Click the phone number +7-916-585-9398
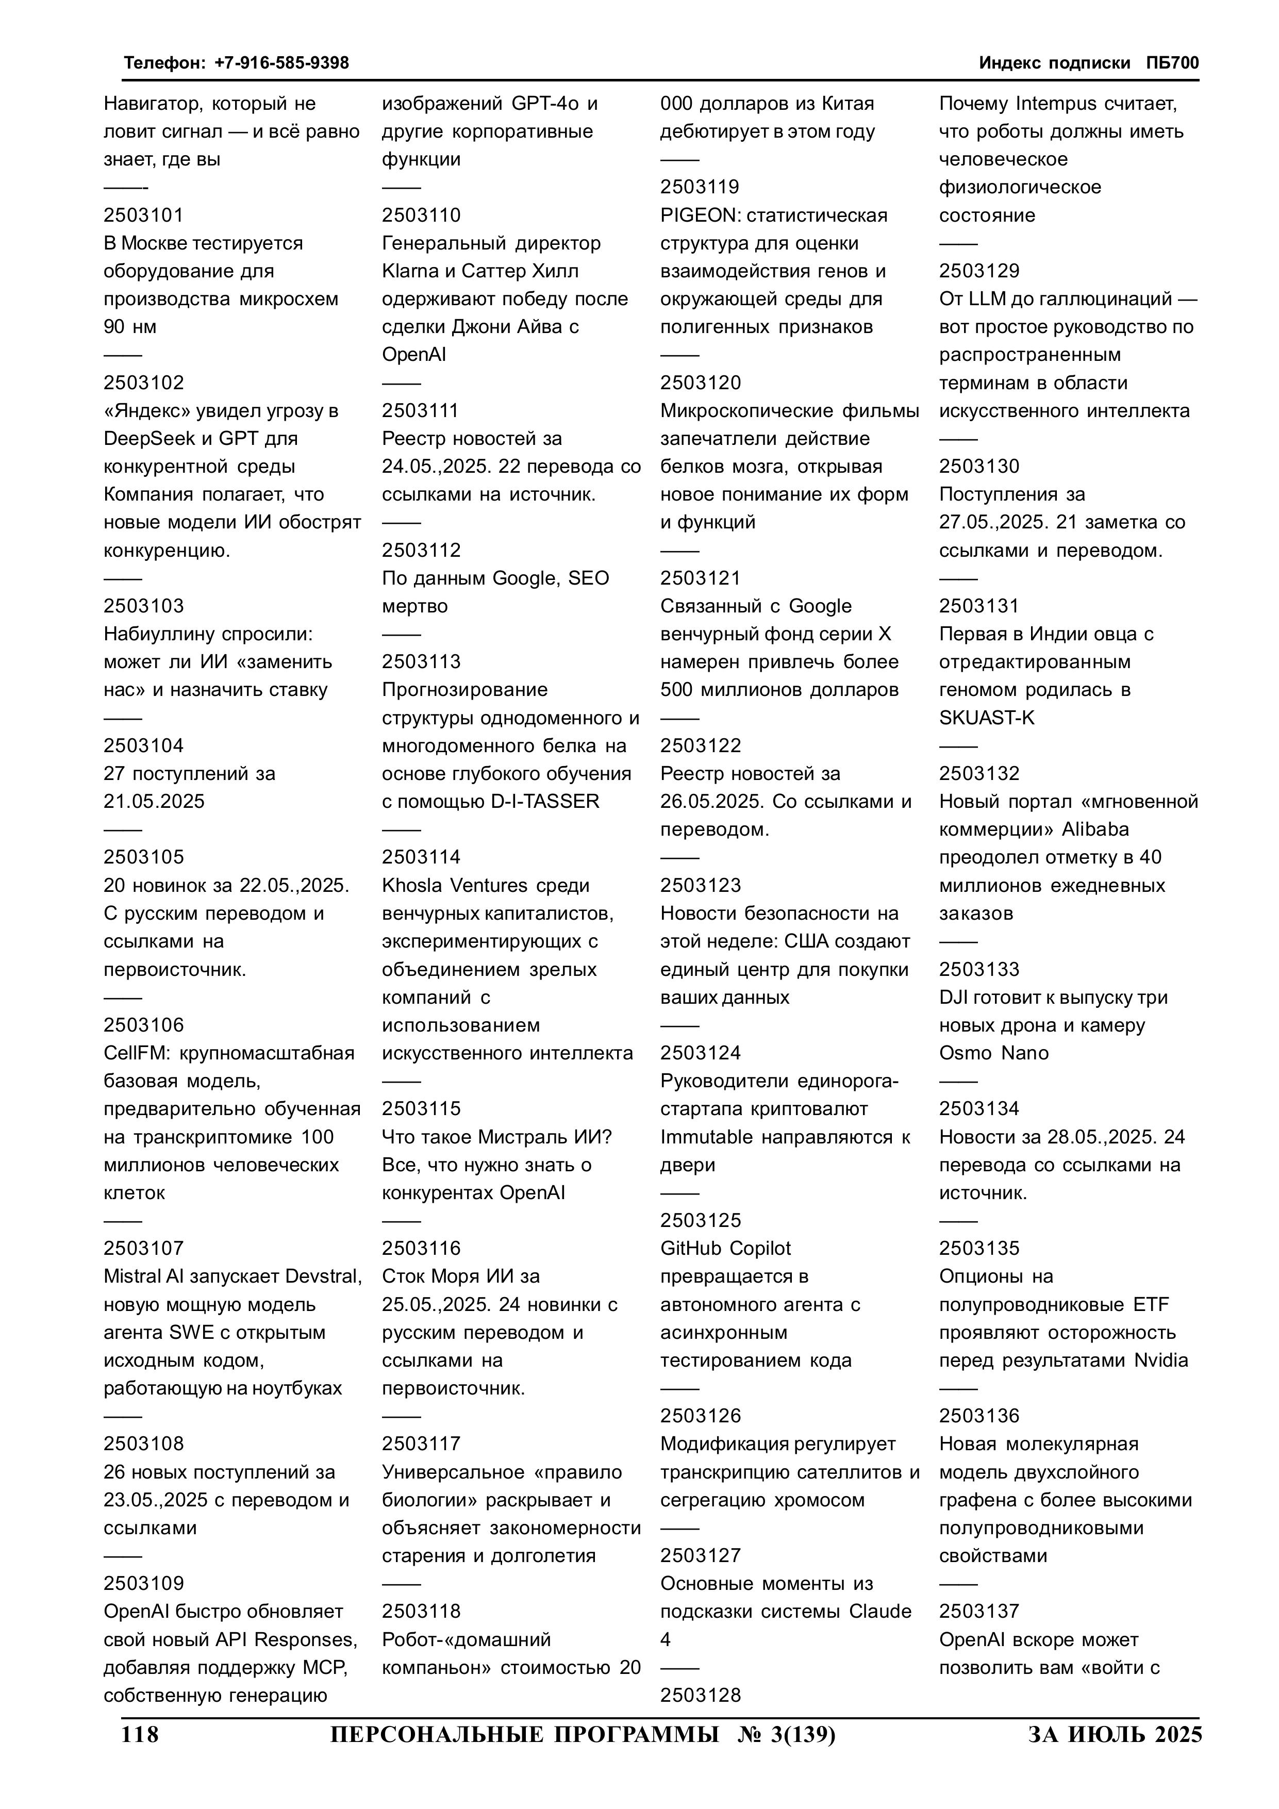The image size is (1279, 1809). coord(281,63)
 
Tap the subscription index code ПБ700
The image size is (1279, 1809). coord(1173,63)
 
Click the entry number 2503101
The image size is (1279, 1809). coord(143,215)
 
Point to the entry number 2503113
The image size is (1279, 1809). coord(422,662)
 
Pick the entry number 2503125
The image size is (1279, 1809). coord(701,1220)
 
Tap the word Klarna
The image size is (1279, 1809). coord(410,271)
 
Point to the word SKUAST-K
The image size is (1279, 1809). coord(987,718)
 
